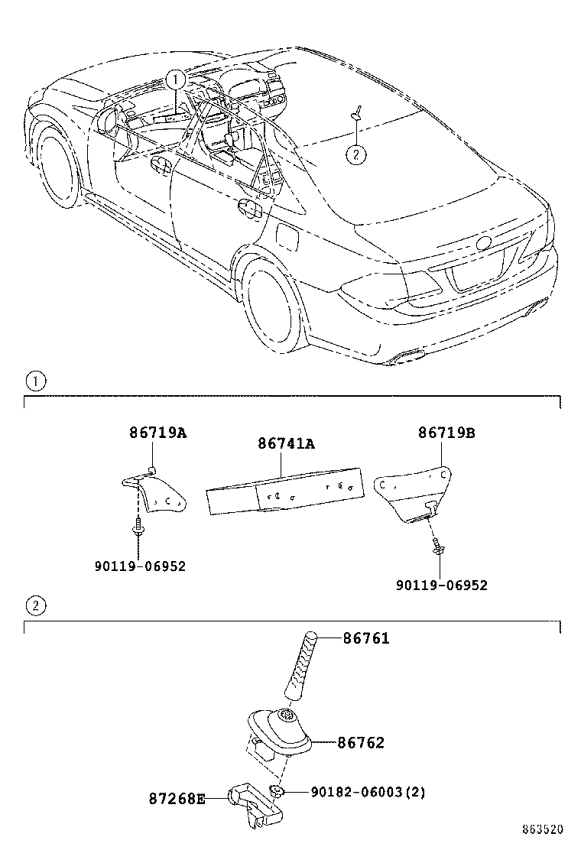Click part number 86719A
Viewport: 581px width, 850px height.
tap(157, 433)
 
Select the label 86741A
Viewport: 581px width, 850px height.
tap(287, 443)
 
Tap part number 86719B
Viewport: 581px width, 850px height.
tap(446, 433)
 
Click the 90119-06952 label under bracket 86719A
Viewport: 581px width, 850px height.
tap(140, 566)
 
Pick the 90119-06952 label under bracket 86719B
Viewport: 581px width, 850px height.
tap(441, 585)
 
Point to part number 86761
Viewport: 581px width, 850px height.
tap(365, 638)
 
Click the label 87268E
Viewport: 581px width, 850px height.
tap(177, 799)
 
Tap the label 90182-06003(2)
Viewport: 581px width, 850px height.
tap(368, 792)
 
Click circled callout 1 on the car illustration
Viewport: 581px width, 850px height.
tap(176, 79)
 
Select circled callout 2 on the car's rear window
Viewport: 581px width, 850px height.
tap(355, 154)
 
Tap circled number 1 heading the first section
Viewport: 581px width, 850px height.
tap(35, 380)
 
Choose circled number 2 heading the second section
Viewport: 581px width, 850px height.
tap(35, 606)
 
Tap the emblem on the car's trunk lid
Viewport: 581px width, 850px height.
tap(483, 244)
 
